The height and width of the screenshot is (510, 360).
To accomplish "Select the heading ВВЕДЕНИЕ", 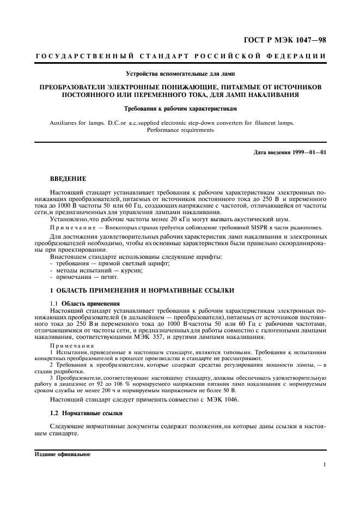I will coord(68,178).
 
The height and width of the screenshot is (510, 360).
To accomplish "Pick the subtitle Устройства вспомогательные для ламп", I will coord(180,74).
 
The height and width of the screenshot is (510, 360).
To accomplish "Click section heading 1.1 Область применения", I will coord(84,303).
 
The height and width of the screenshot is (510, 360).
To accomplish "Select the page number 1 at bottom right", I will coord(324,465).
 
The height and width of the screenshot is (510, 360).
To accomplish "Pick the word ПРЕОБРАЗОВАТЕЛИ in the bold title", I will coord(76,87).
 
